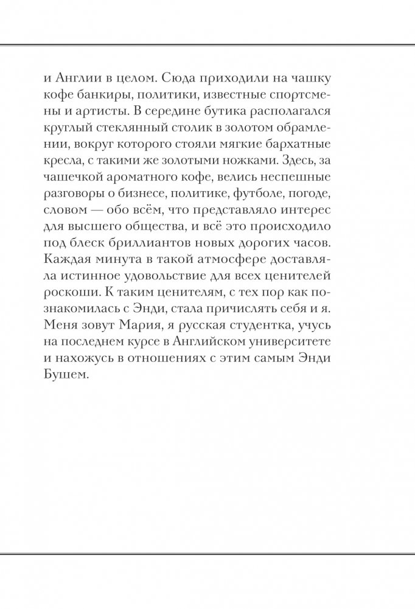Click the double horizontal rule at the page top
click(x=207, y=44)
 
